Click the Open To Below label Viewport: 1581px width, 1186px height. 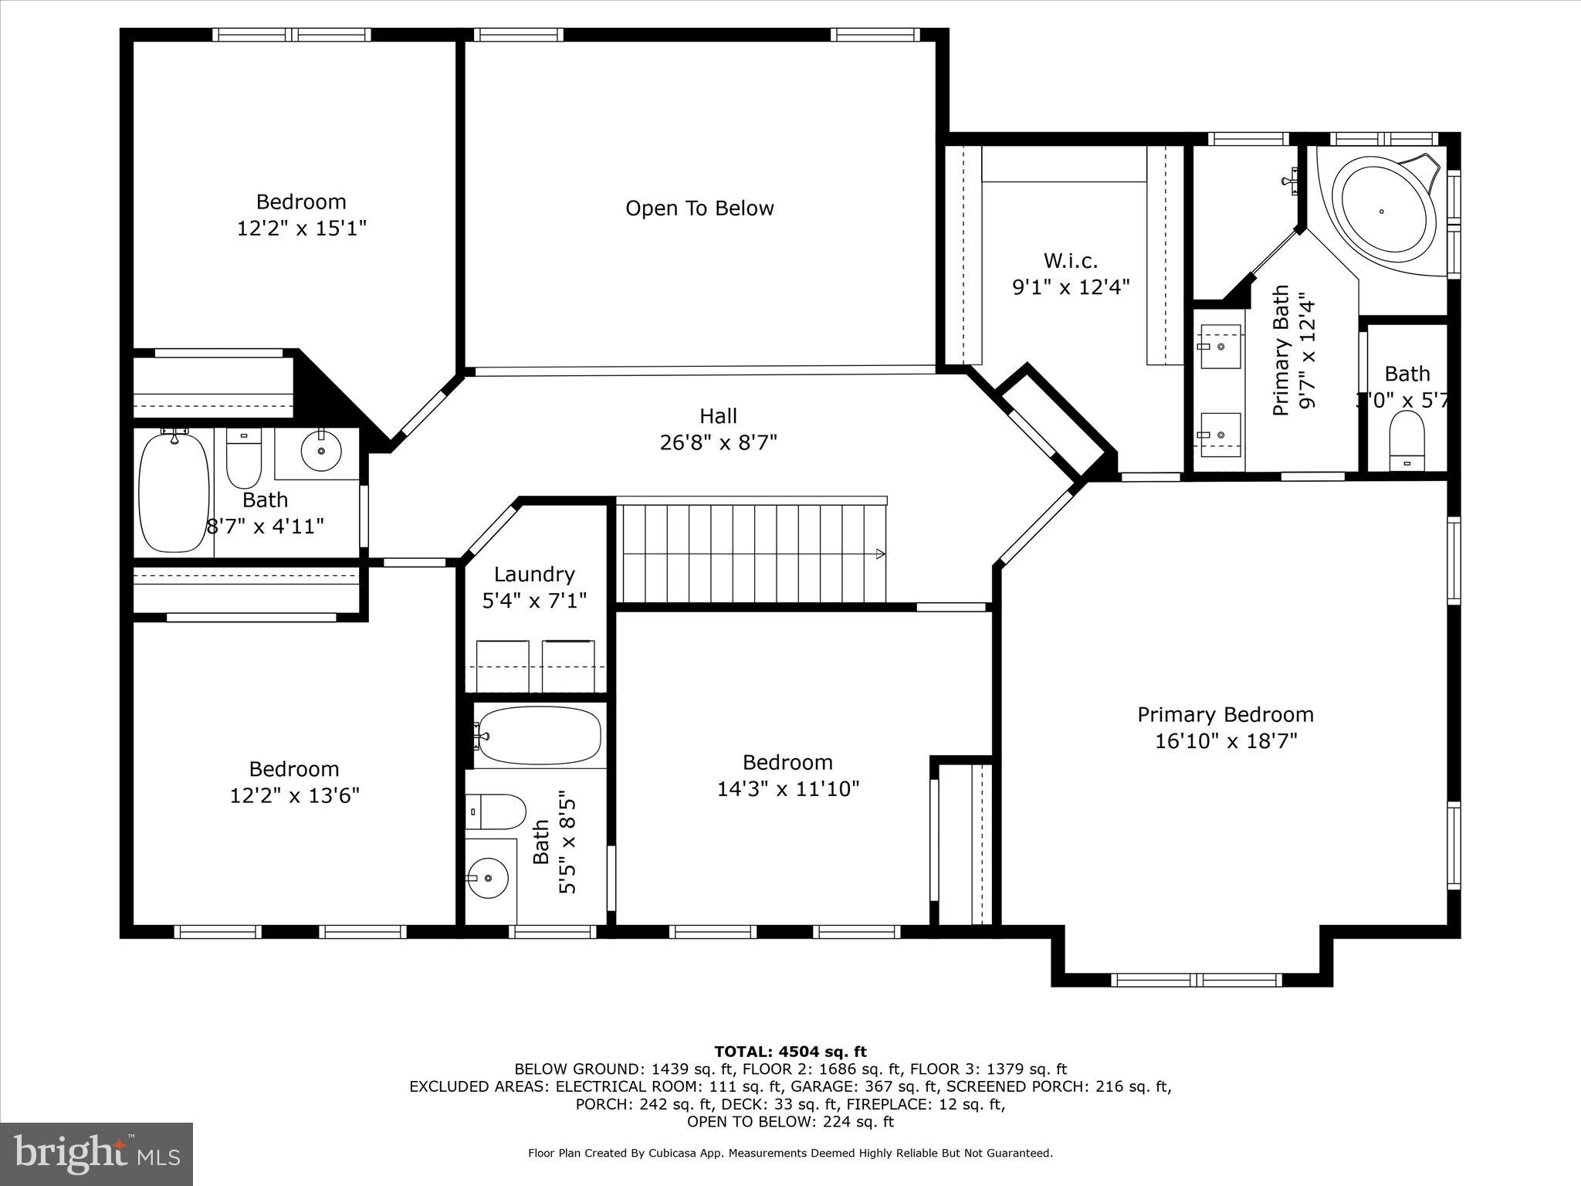699,208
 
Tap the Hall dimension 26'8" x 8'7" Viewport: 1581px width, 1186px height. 718,442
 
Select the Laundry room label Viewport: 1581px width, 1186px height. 534,574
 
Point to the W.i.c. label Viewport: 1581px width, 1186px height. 1070,260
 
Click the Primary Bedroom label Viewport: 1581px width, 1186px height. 1225,714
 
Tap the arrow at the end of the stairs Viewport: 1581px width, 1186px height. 880,554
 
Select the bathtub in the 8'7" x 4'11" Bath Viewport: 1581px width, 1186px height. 174,491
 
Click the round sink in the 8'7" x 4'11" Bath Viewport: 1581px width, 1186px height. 321,450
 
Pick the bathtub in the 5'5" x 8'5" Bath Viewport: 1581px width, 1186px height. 539,736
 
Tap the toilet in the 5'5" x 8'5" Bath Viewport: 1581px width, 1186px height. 496,812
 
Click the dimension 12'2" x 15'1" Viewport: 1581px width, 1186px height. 301,229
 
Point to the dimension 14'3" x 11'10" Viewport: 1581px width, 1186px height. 787,789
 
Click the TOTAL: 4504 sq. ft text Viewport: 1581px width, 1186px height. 790,1052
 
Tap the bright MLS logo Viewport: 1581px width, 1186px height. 96,1154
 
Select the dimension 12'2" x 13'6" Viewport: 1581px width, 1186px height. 294,795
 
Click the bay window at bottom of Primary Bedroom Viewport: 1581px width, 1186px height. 1196,980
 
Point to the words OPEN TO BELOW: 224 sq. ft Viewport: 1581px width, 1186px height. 790,1122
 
